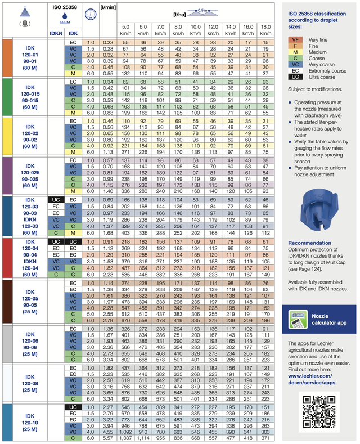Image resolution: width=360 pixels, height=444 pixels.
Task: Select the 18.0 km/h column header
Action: (x=267, y=30)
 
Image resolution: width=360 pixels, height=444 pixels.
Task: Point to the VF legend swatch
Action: (x=295, y=39)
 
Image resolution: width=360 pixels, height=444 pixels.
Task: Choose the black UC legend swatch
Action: (x=295, y=77)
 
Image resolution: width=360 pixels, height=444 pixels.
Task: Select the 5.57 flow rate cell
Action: (x=108, y=438)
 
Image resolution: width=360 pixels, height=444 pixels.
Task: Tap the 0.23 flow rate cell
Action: (x=108, y=42)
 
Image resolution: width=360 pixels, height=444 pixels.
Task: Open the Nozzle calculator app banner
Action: (x=319, y=320)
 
